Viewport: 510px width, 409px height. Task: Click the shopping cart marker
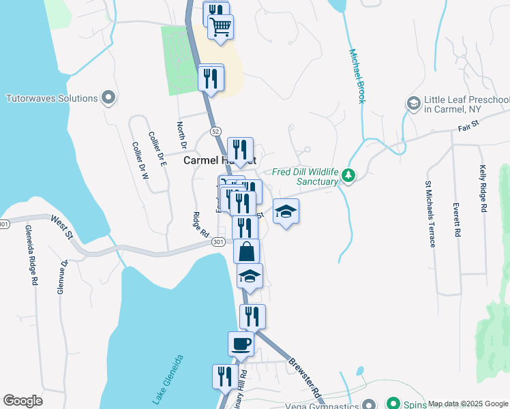tap(221, 27)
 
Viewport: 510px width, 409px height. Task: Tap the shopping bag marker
tap(247, 251)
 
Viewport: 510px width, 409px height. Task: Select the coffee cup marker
tap(241, 343)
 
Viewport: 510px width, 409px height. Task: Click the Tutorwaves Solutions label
tap(52, 98)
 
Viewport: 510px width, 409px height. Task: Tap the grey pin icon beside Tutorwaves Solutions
tap(108, 99)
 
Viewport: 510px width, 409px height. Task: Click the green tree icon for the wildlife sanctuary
tap(349, 177)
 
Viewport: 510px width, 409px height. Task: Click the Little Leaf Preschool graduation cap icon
tap(412, 104)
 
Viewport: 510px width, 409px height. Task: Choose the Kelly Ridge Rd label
tap(483, 190)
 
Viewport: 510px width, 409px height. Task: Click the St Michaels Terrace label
tap(430, 214)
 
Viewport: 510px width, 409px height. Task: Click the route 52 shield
tap(215, 130)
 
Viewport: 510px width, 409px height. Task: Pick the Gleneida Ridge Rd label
tap(31, 256)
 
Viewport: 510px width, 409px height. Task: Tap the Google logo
tap(22, 401)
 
